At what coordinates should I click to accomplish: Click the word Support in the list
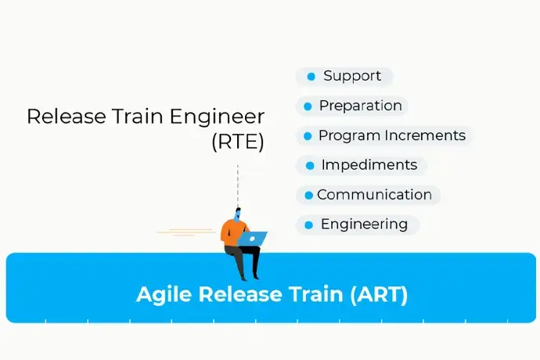point(352,77)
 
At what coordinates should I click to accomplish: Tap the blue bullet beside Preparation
point(308,106)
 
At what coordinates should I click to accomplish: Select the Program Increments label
point(392,135)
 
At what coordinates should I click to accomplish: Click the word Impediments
point(369,165)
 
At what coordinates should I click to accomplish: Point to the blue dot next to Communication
point(309,196)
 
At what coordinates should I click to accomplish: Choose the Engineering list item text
point(365,225)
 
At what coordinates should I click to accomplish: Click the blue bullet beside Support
point(311,77)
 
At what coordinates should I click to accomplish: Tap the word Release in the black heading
point(67,116)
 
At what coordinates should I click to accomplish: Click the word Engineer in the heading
point(217,117)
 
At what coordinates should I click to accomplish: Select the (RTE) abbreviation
point(238,142)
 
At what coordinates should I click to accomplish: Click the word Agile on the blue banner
point(164,295)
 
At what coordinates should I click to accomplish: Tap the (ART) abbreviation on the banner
point(379,294)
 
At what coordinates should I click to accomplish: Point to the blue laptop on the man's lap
point(253,239)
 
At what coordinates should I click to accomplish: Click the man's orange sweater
point(232,233)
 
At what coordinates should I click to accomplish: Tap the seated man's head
point(237,214)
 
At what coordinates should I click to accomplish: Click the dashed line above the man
point(238,186)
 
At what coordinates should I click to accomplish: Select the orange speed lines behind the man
point(186,232)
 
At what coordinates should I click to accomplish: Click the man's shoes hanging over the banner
point(250,276)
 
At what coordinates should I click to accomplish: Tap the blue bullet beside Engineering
point(309,225)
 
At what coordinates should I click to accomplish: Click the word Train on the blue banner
point(316,294)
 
